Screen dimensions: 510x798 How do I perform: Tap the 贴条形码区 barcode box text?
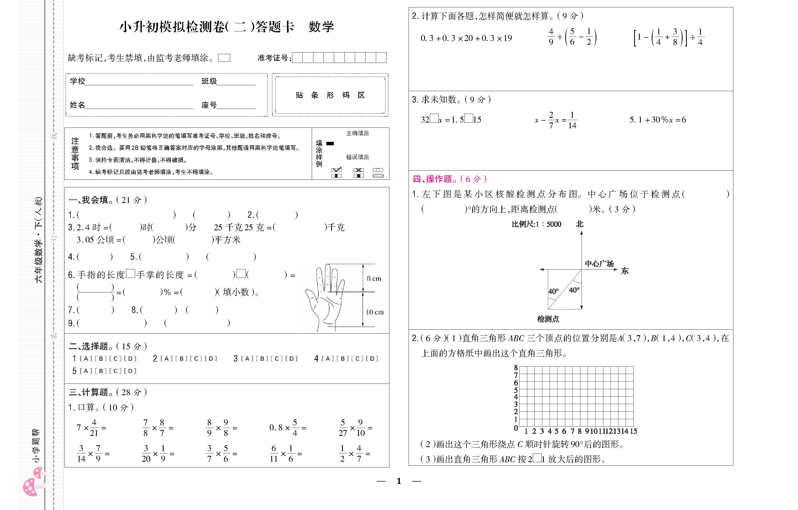(330, 95)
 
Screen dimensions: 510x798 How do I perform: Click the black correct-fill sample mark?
(330, 143)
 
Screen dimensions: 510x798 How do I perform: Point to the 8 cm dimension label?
(374, 279)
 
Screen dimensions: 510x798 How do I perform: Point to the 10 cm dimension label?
(374, 312)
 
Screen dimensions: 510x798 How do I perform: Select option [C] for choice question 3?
(276, 359)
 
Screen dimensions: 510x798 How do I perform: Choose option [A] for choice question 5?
(86, 371)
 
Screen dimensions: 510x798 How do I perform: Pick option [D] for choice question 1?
(130, 359)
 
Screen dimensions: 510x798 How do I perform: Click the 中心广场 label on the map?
(599, 263)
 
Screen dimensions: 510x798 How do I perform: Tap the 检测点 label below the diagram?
(548, 319)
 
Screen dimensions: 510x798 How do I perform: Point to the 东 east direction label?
(625, 271)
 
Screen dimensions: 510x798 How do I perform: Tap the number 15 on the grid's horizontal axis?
(633, 431)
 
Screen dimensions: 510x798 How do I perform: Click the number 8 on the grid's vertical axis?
(516, 368)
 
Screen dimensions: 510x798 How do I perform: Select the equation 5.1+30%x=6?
(658, 120)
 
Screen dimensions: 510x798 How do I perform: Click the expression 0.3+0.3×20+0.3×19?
(466, 38)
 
